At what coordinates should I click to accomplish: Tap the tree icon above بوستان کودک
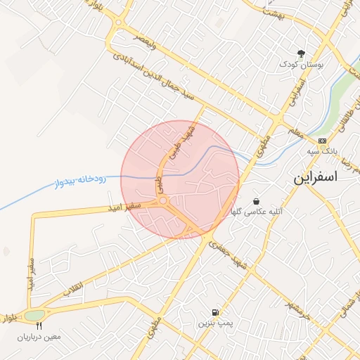302,53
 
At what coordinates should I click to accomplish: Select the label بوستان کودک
301,64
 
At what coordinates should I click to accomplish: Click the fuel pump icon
214,312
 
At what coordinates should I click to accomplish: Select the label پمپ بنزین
213,323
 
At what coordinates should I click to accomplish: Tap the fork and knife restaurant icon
39,326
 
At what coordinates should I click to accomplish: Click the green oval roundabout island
34,316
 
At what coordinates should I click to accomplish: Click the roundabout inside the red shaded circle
165,202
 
